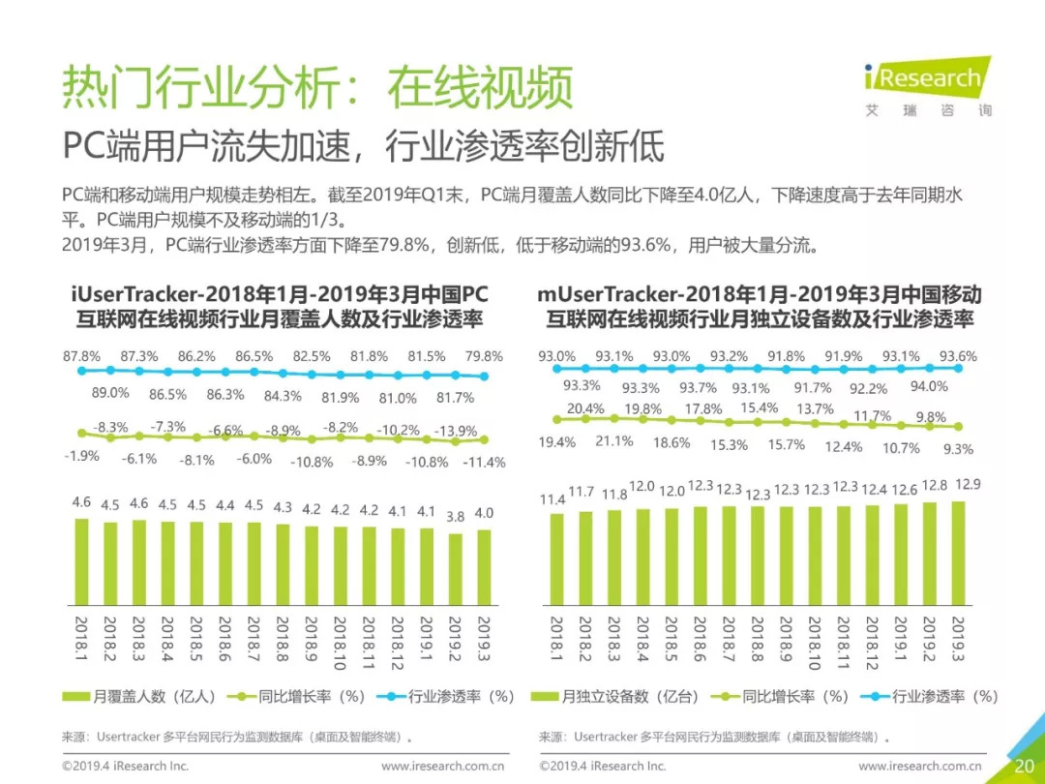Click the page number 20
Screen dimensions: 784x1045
(x=1024, y=766)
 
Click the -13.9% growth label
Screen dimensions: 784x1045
(x=456, y=431)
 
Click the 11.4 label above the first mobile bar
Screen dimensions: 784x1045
(x=552, y=499)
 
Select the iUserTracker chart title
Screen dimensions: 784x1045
(x=280, y=306)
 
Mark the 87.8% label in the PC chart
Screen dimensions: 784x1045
(x=82, y=356)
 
